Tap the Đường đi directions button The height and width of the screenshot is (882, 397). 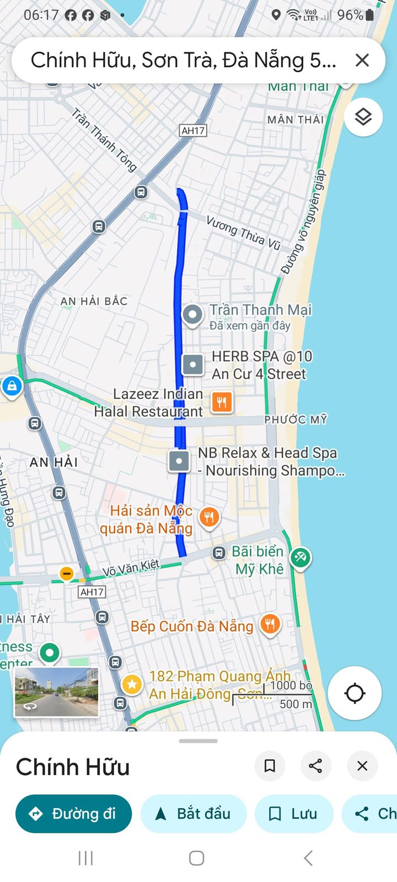coord(73,814)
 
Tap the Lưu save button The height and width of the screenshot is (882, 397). coord(293,814)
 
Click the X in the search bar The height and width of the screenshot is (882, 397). coord(362,60)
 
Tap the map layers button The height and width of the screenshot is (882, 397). coord(363,117)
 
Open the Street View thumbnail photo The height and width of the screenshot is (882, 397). coord(56,692)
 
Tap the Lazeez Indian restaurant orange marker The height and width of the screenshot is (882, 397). coord(222,402)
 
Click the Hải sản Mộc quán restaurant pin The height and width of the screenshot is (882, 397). coord(209,517)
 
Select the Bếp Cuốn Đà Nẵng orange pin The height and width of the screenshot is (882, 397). coord(270,625)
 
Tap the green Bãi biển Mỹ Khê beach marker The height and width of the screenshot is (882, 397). coord(300,557)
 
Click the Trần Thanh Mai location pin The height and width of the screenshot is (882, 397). coord(192,315)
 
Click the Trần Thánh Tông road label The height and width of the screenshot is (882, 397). coord(104,140)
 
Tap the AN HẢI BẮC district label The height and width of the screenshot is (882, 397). coord(94,301)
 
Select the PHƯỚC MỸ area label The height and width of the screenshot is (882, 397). coord(296,420)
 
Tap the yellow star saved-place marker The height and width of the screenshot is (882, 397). coord(132,685)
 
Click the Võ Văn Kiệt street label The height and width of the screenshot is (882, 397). coord(131,568)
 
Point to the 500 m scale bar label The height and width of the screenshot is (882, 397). coord(296,704)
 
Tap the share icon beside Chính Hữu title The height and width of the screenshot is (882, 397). coord(315,766)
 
